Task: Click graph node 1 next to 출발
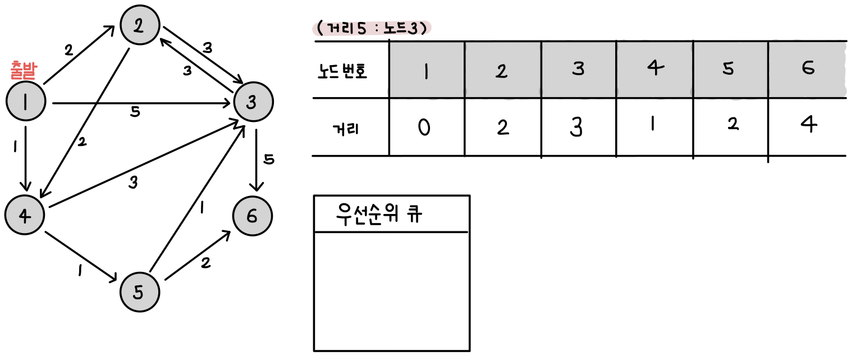point(25,102)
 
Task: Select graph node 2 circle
point(140,27)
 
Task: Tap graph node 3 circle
point(253,102)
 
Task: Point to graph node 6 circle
point(252,217)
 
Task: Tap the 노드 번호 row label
point(342,71)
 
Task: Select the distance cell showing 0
point(425,128)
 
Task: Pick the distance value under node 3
point(576,127)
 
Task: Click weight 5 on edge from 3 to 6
point(269,160)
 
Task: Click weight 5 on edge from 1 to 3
point(135,112)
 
